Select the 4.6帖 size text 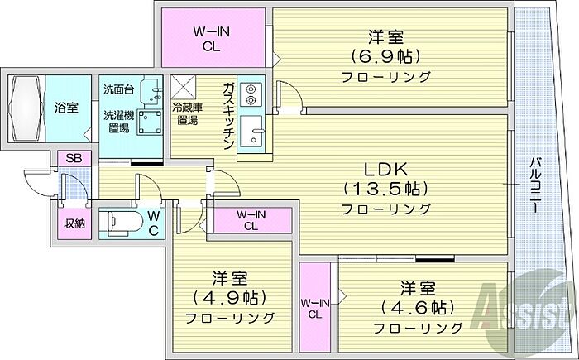(418, 308)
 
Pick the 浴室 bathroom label (67, 107)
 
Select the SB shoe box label (73, 158)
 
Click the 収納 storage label (74, 223)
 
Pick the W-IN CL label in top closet (211, 39)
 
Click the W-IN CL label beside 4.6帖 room (314, 307)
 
